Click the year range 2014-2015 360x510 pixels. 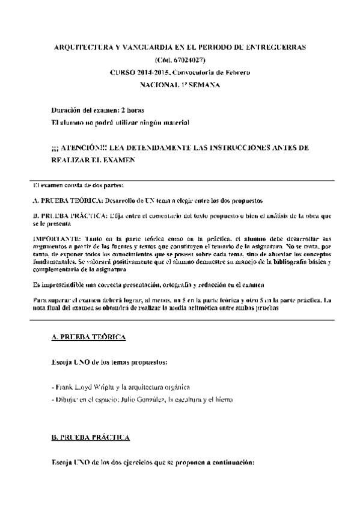click(154, 72)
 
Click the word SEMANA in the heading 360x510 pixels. click(205, 85)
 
